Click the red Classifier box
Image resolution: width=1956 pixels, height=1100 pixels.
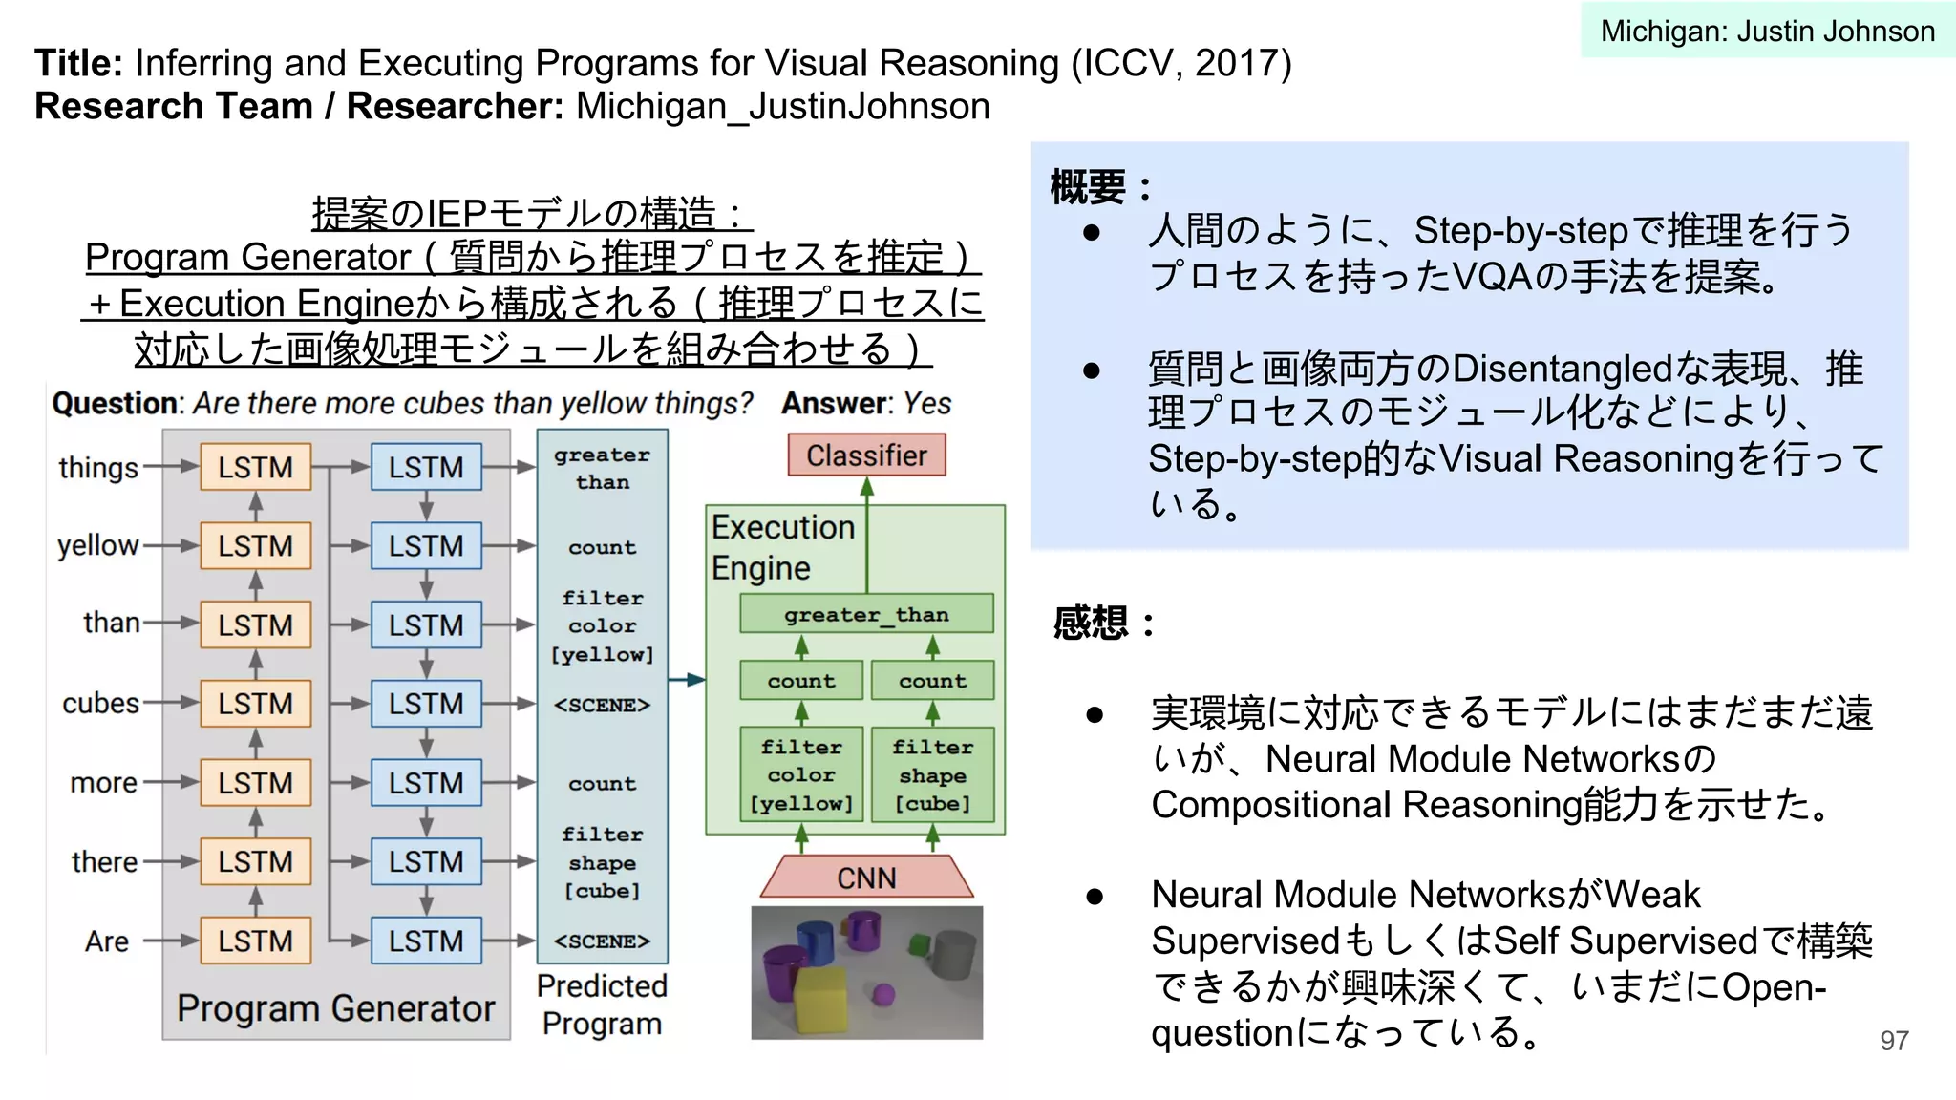pyautogui.click(x=866, y=455)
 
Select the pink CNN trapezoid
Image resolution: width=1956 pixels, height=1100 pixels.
pyautogui.click(x=866, y=877)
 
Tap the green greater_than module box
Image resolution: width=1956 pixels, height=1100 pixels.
pyautogui.click(x=866, y=614)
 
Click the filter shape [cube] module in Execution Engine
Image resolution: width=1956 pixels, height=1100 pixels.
pyautogui.click(x=932, y=774)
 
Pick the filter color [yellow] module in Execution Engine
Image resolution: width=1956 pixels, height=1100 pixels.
pyautogui.click(x=801, y=774)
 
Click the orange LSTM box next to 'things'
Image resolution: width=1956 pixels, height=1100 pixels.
pyautogui.click(x=255, y=467)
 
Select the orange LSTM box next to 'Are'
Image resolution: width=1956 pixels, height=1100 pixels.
pyautogui.click(x=255, y=941)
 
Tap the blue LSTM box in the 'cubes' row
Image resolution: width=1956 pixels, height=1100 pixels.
pyautogui.click(x=426, y=704)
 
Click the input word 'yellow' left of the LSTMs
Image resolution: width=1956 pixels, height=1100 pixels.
pyautogui.click(x=97, y=545)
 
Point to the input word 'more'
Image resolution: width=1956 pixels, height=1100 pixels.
pyautogui.click(x=103, y=783)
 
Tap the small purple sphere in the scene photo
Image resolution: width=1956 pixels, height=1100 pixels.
pyautogui.click(x=883, y=995)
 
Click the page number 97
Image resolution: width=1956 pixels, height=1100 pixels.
pyautogui.click(x=1894, y=1041)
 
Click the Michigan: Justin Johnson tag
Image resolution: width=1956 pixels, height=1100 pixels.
pyautogui.click(x=1767, y=31)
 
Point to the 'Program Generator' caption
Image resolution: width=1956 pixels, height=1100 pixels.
pyautogui.click(x=335, y=1008)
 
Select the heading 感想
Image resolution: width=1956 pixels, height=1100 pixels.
pyautogui.click(x=1091, y=623)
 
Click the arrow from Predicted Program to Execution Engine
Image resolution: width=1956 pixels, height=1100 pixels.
pyautogui.click(x=686, y=680)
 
